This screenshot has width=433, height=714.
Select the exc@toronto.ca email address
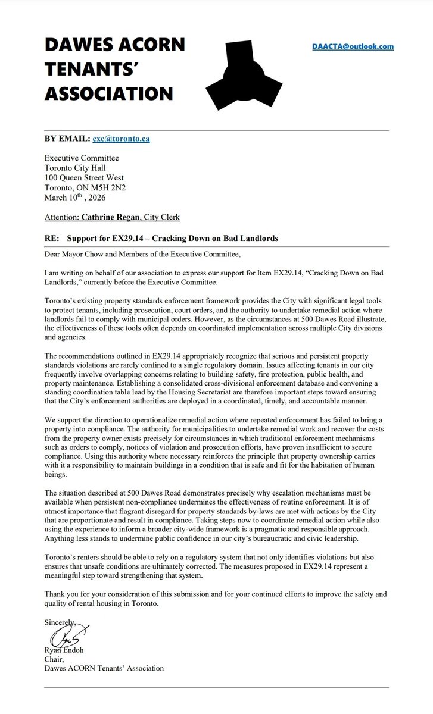(121, 139)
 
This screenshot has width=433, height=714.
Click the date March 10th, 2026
(73, 198)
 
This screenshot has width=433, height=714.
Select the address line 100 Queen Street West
(85, 177)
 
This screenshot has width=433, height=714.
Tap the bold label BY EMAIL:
(67, 139)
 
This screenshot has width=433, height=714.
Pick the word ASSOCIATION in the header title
(109, 94)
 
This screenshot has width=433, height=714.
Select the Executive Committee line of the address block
(82, 158)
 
